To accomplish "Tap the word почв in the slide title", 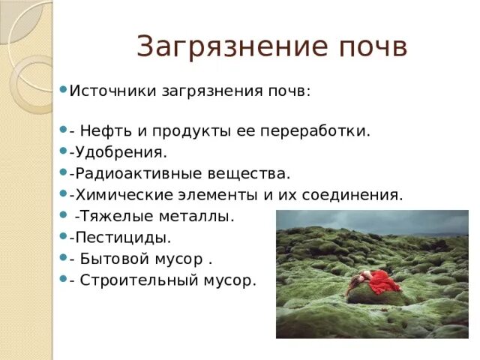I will tap(371, 47).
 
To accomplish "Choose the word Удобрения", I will tap(118, 152).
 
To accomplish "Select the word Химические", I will tap(120, 195).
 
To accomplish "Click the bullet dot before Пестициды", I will tap(63, 236).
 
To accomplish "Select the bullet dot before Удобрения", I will tap(63, 151).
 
